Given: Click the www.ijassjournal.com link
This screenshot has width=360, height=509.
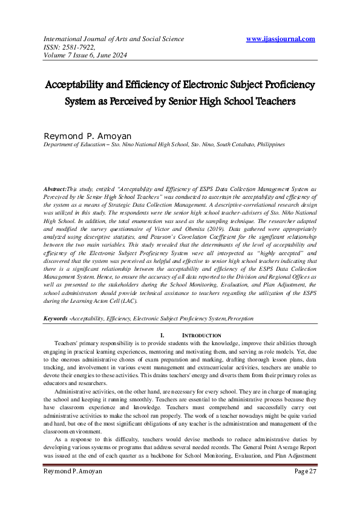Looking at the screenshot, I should (281, 39).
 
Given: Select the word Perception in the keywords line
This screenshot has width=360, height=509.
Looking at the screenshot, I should (240, 317).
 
